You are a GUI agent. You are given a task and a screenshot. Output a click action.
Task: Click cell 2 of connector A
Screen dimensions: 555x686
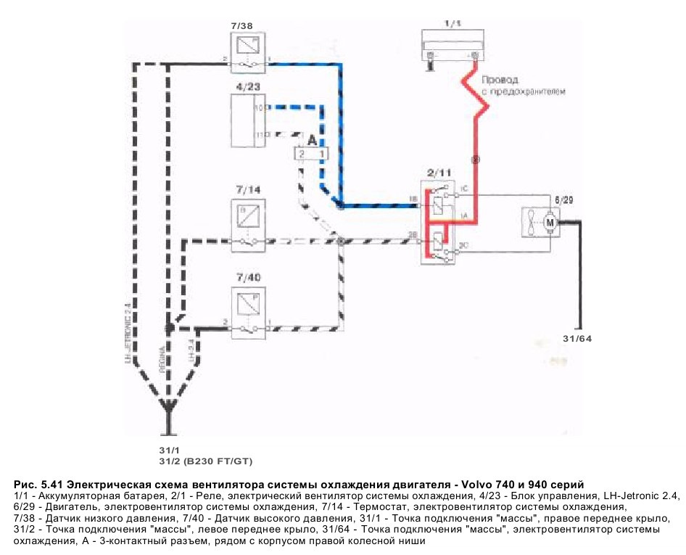pyautogui.click(x=300, y=154)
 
